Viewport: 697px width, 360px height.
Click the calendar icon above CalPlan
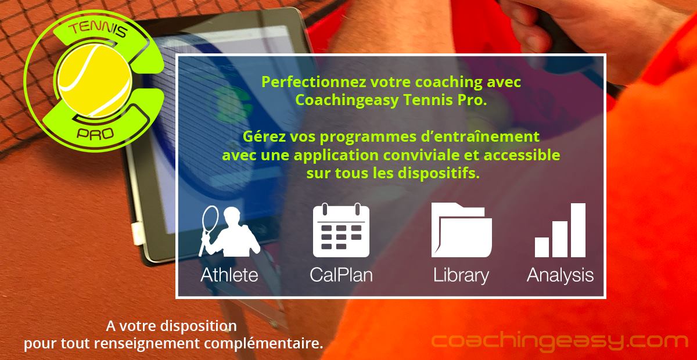pos(341,231)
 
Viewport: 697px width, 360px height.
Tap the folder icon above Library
pos(461,231)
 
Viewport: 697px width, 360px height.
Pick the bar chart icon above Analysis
pos(560,231)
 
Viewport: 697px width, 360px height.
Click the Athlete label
pos(229,275)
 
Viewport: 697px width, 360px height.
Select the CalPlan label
pos(341,275)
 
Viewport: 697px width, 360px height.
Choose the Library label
pos(461,275)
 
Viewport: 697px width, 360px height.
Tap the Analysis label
pos(560,275)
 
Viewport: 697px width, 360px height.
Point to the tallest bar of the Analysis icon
pos(577,231)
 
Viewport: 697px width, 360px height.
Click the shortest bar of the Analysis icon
pos(542,247)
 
